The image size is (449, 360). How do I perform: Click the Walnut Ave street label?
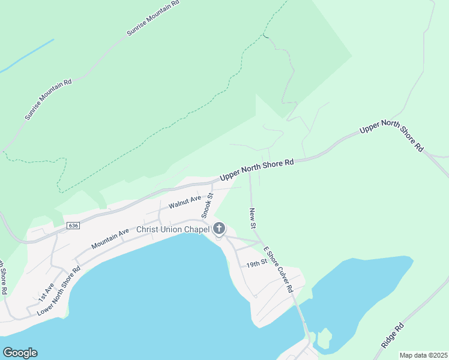(185, 202)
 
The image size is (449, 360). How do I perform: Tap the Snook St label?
(206, 206)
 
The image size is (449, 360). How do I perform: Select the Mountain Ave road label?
(110, 239)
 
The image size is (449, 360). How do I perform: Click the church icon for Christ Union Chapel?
(219, 229)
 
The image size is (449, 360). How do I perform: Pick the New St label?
(253, 217)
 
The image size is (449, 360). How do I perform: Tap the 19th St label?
(256, 265)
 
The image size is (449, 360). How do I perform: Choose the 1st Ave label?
(46, 292)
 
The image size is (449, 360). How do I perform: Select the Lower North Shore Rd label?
(59, 291)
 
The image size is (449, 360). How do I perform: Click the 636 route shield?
(73, 226)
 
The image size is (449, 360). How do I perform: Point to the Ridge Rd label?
(393, 336)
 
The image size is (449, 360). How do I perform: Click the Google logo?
(20, 353)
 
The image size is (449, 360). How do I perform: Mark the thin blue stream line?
(27, 57)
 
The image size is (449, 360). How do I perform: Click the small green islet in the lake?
(324, 338)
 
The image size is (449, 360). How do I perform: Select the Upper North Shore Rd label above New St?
(256, 170)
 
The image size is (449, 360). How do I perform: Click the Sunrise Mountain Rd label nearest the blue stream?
(48, 98)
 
